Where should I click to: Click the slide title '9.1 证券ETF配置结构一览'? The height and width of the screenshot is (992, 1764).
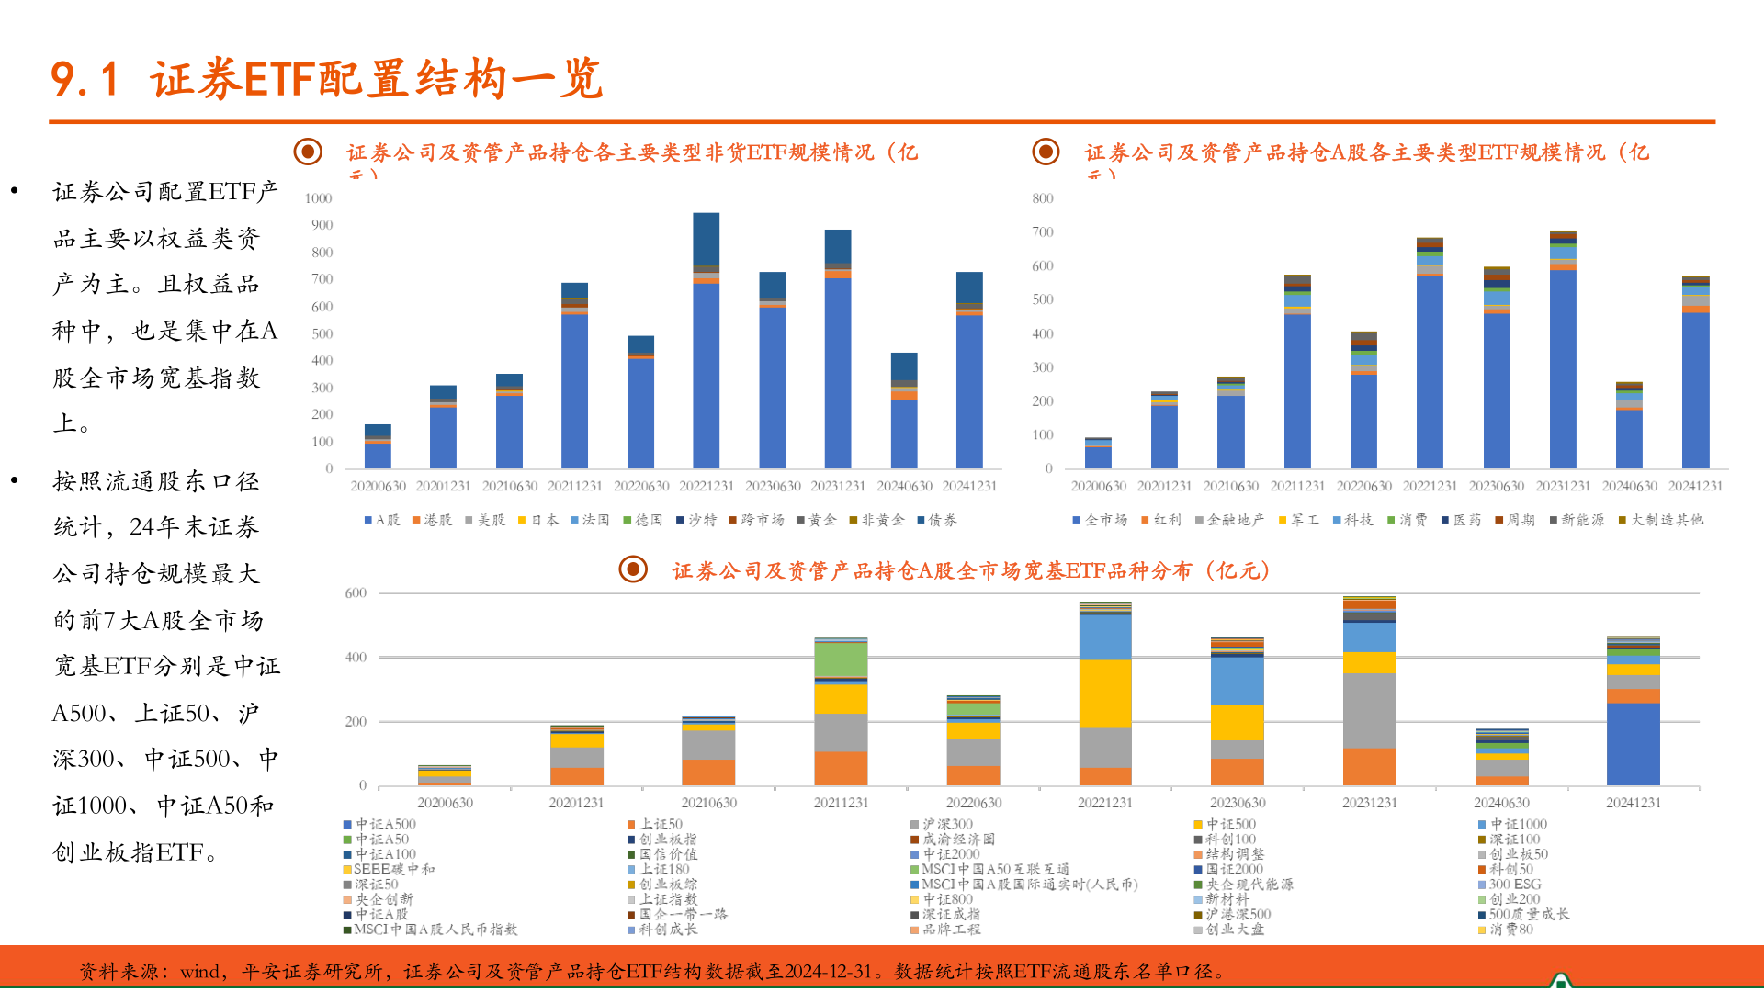click(x=326, y=79)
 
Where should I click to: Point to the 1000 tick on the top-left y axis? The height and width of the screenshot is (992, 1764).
click(x=319, y=198)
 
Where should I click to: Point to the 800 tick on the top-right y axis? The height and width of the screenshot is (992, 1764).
click(x=1043, y=198)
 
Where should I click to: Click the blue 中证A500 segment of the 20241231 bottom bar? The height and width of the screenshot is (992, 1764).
click(x=1634, y=744)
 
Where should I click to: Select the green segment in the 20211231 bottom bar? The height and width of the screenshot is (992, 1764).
click(x=841, y=659)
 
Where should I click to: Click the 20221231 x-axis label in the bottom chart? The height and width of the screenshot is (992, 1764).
click(x=1105, y=803)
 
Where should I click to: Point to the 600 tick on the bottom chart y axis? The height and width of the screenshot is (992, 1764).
click(x=356, y=593)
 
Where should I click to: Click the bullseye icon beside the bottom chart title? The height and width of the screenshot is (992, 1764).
click(x=633, y=569)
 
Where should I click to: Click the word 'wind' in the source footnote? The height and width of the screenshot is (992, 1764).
click(x=199, y=972)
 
